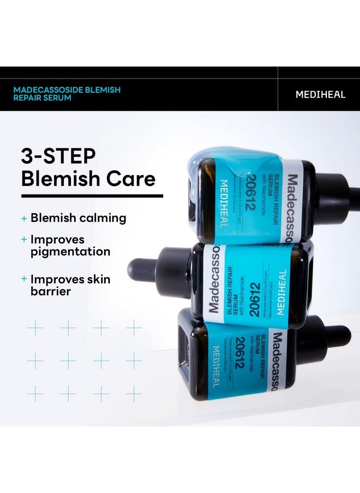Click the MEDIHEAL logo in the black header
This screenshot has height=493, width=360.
pyautogui.click(x=320, y=94)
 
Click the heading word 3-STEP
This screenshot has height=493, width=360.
pyautogui.click(x=58, y=157)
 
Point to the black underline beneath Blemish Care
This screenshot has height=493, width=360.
pyautogui.click(x=92, y=195)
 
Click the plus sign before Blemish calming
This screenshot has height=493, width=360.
pyautogui.click(x=24, y=219)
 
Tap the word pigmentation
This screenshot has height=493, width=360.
pyautogui.click(x=70, y=251)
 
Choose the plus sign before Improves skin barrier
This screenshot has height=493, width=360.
pyautogui.click(x=24, y=279)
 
